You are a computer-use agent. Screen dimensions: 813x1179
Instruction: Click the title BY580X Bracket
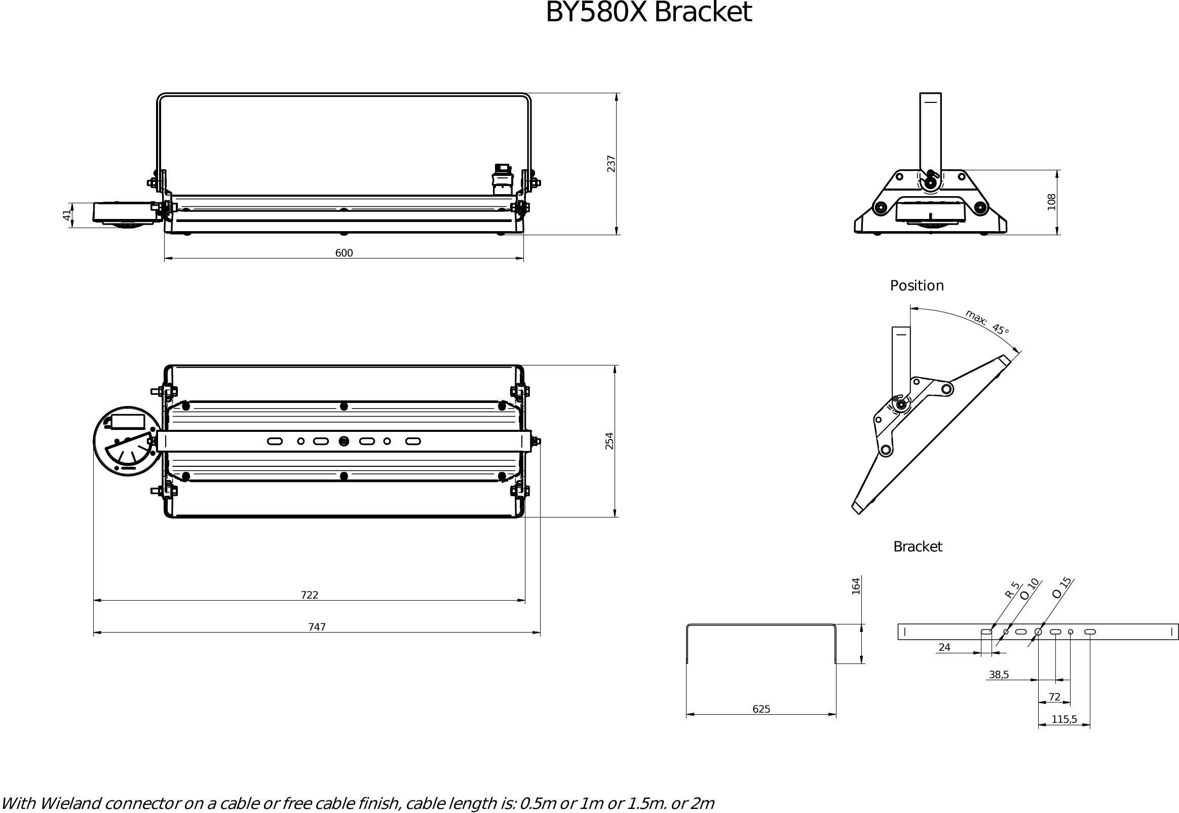648,12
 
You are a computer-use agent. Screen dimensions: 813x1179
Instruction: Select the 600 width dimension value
344,252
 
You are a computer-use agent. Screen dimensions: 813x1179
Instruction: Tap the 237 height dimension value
611,164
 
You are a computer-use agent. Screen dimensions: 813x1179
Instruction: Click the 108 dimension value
1052,202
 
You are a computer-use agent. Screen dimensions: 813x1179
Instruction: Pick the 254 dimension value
609,440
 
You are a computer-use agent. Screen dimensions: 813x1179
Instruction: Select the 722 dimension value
309,595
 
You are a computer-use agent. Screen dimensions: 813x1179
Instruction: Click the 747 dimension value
317,626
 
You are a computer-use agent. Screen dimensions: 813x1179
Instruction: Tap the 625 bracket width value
761,709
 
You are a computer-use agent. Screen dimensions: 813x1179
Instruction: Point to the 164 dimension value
856,586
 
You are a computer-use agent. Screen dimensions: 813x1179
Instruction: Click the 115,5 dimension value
1064,719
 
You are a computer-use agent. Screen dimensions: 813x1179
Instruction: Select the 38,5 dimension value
998,675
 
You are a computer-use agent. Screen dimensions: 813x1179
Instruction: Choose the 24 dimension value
944,647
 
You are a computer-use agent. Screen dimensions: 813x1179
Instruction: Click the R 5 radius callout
1012,590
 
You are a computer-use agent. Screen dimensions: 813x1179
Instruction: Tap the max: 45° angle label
987,323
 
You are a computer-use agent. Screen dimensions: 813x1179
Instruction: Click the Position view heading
917,285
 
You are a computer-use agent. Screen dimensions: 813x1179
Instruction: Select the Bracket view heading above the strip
918,546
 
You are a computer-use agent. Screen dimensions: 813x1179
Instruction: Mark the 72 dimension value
1054,696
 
